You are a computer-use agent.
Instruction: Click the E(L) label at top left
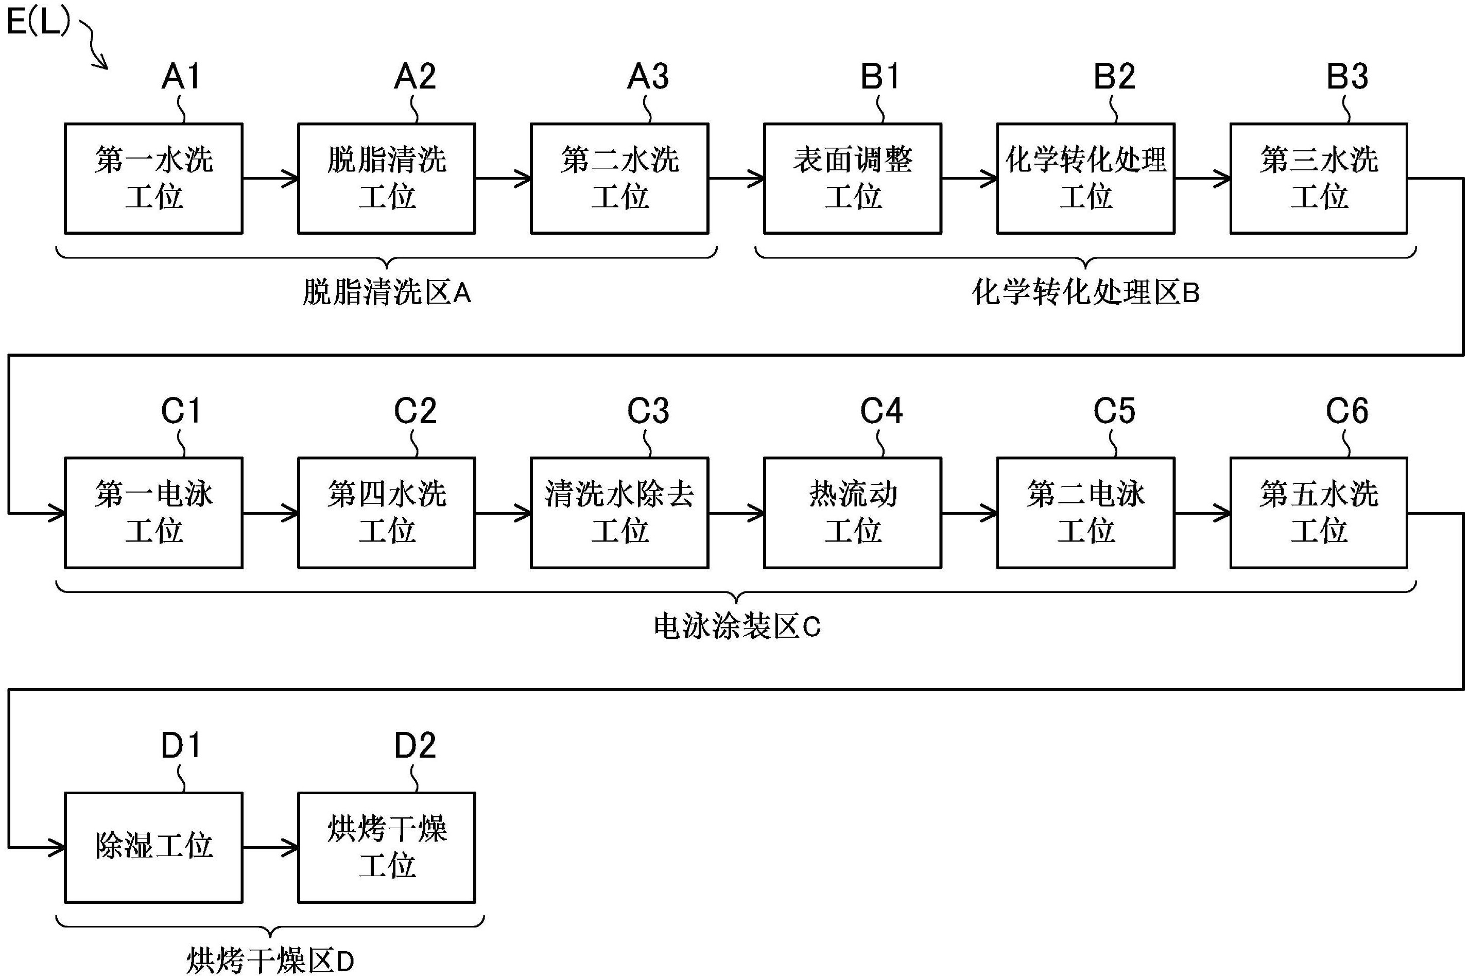coord(38,23)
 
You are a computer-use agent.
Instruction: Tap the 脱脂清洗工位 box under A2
coord(386,178)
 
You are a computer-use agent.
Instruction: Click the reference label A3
coord(648,77)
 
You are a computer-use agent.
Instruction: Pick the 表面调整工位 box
coord(852,178)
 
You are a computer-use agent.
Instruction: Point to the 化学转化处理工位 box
coord(1085,178)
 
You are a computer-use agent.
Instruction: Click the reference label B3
coord(1346,77)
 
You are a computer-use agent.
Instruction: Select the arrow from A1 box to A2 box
coord(270,179)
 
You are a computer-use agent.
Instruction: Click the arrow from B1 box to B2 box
coord(969,179)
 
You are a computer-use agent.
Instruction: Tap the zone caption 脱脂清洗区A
coord(386,292)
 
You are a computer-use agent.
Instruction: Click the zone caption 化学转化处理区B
coord(1085,292)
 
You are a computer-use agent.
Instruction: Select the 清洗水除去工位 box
coord(619,513)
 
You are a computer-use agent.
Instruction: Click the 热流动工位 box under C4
coord(852,513)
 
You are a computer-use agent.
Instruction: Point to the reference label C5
coord(1113,411)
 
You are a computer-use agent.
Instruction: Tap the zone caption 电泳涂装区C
coord(736,627)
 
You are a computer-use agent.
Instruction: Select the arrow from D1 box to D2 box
coord(270,848)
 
